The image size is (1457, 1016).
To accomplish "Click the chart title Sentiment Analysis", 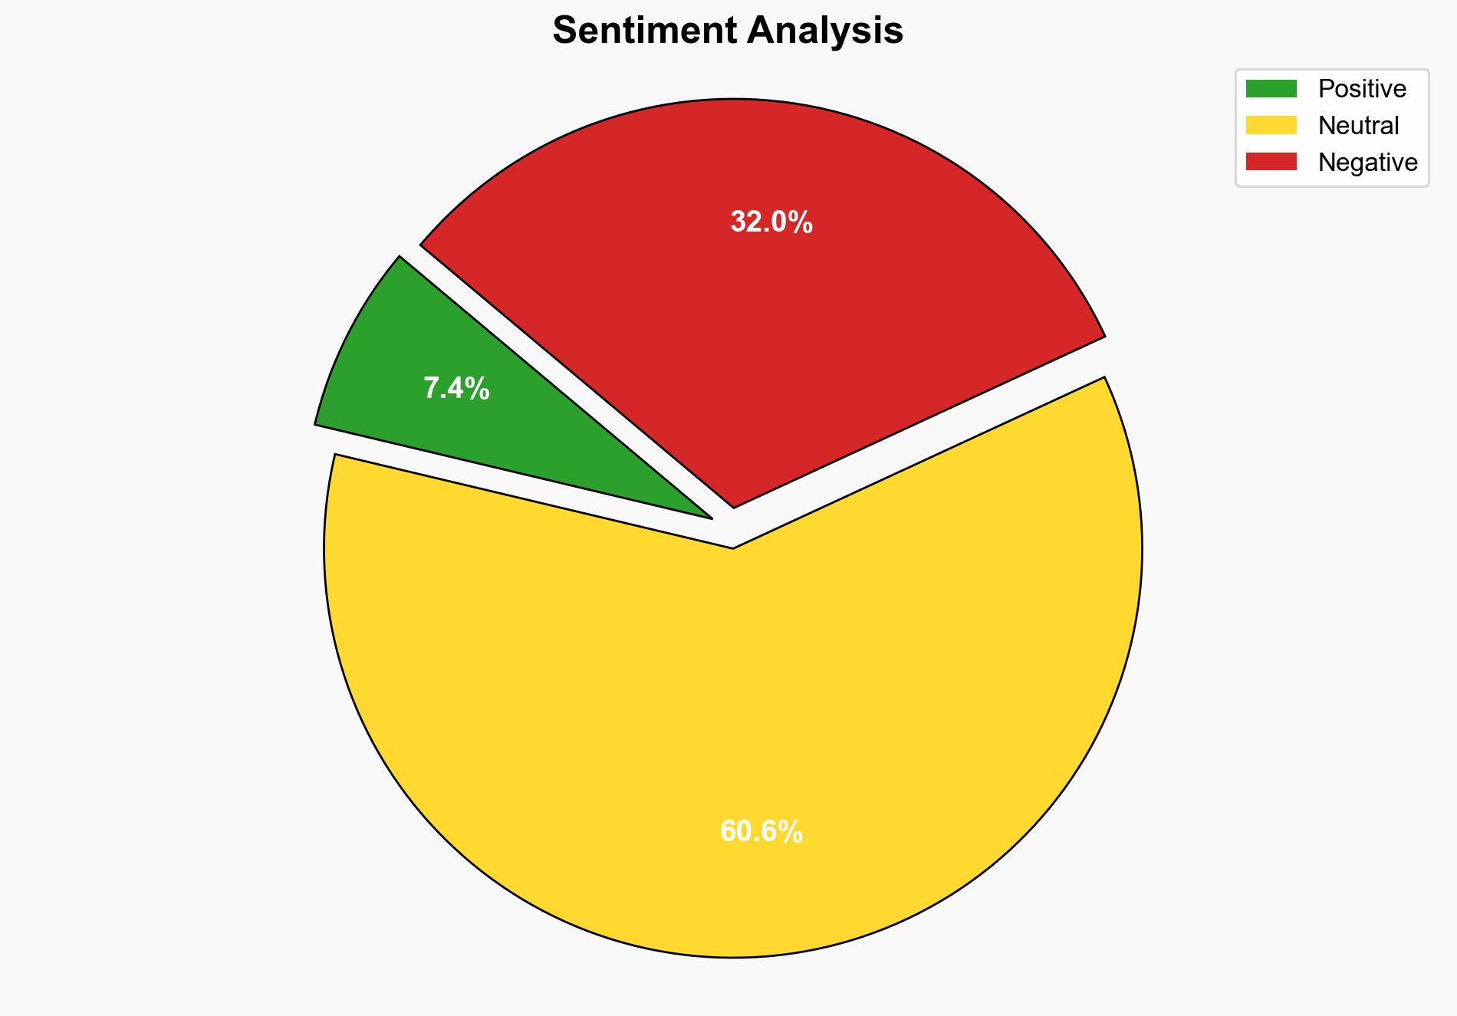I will (x=728, y=31).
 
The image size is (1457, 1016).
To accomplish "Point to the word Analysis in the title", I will (x=827, y=31).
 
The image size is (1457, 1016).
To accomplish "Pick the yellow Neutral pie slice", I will (x=728, y=728).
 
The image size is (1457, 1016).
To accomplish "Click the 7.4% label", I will (x=456, y=389).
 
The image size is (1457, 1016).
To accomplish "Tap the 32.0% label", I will (x=771, y=222).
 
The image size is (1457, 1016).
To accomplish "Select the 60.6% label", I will (x=761, y=832).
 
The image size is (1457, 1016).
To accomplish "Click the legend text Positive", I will (x=1362, y=89).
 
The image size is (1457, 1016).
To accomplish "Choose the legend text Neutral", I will (x=1358, y=126).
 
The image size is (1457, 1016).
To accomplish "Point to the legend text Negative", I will (x=1367, y=163).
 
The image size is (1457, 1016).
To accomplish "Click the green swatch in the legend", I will (x=1271, y=89).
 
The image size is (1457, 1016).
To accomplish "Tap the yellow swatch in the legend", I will (x=1271, y=125).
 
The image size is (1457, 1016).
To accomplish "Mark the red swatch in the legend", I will (x=1271, y=162).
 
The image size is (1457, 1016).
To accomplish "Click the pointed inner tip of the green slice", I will (x=709, y=517).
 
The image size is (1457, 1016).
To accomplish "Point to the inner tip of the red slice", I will (x=734, y=505).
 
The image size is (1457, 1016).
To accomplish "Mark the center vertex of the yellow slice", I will (x=733, y=547).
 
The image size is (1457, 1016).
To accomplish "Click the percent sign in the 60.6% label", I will (x=792, y=832).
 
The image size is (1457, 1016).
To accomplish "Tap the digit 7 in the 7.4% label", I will (x=431, y=389).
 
